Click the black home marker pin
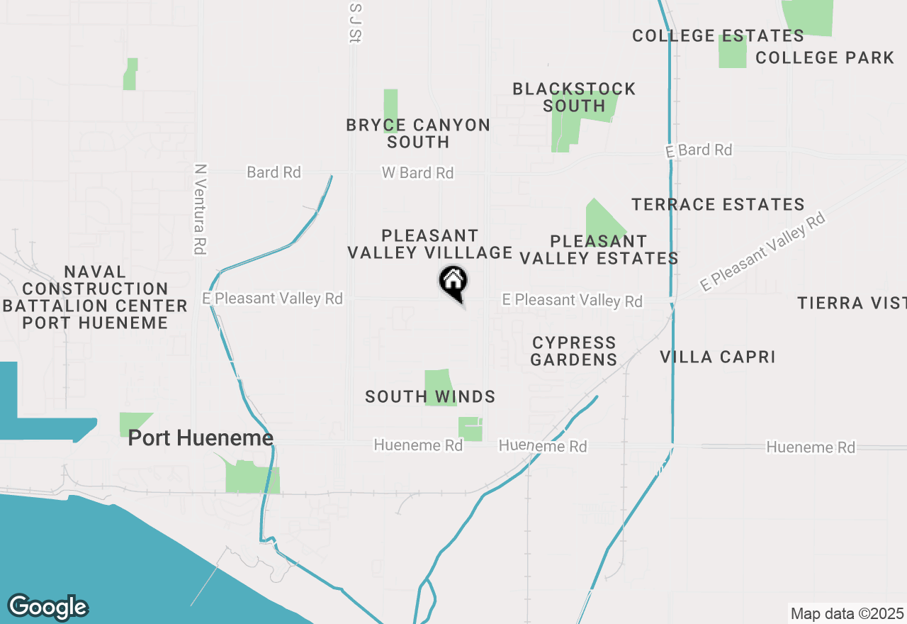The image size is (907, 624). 453,282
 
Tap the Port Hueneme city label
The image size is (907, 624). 201,438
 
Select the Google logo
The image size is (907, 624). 47,607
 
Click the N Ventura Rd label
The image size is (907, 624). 201,210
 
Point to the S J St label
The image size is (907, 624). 356,23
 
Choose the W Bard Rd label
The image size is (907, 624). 417,172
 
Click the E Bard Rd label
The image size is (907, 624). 699,150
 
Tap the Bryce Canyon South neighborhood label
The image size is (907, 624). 418,133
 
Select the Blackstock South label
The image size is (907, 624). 574,97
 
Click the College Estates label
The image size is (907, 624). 718,35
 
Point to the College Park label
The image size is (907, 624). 825,58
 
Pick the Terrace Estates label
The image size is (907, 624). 718,205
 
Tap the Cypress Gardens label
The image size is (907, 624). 574,351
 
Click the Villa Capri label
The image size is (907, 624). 717,357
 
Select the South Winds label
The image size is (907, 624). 429,397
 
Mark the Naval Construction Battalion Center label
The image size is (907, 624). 95,297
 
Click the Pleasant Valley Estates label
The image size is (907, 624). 599,250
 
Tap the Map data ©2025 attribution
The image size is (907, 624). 847,613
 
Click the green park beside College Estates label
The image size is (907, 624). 733,52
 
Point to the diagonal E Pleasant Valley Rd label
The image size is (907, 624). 763,252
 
